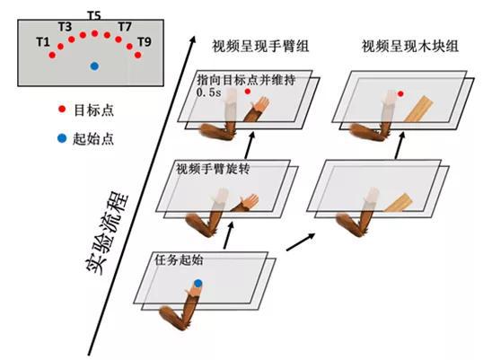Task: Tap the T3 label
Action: point(64,26)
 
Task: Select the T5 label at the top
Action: point(94,16)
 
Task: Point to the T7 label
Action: point(125,27)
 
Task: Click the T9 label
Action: point(144,42)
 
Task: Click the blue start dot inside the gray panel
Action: point(94,66)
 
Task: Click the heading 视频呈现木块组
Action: point(402,46)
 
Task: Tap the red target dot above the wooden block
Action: point(401,93)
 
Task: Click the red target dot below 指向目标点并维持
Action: point(248,92)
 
